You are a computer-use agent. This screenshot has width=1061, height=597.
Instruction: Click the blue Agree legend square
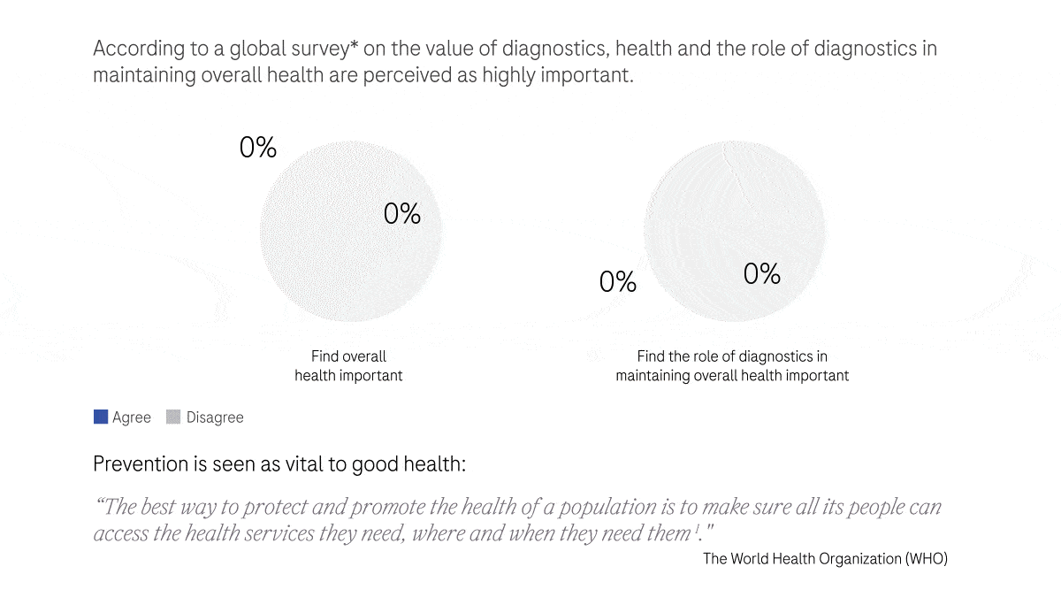pyautogui.click(x=101, y=417)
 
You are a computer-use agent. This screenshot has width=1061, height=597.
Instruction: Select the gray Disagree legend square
pyautogui.click(x=173, y=417)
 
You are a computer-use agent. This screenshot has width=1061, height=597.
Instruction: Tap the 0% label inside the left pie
pyautogui.click(x=402, y=214)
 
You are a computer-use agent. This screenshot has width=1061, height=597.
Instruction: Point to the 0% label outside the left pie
pyautogui.click(x=258, y=148)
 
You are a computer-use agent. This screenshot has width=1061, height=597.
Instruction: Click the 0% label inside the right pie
pyautogui.click(x=761, y=274)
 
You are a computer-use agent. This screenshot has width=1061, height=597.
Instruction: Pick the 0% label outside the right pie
pyautogui.click(x=618, y=282)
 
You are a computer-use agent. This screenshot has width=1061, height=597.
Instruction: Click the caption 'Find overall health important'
pyautogui.click(x=348, y=366)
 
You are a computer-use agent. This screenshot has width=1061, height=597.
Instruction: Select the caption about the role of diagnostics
pyautogui.click(x=732, y=366)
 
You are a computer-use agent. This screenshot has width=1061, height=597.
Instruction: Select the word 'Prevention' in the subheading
pyautogui.click(x=141, y=464)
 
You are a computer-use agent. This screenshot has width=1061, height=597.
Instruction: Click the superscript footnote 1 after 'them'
pyautogui.click(x=697, y=529)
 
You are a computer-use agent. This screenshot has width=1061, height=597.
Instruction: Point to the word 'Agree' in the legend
pyautogui.click(x=132, y=417)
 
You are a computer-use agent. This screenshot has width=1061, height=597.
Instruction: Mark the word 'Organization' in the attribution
pyautogui.click(x=852, y=559)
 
